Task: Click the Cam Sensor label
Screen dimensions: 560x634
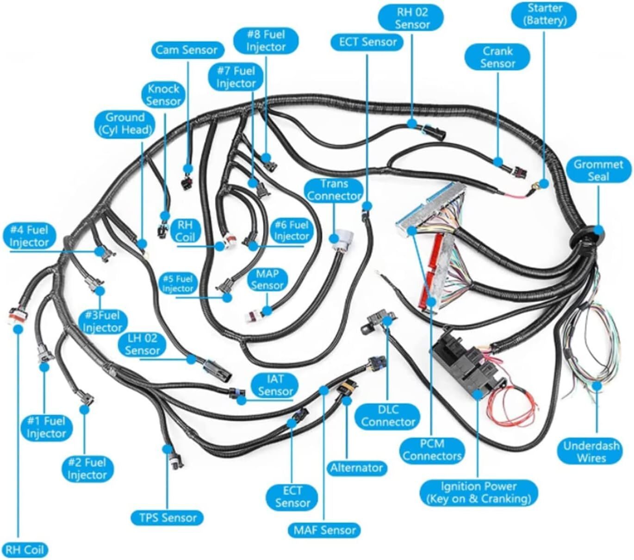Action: pyautogui.click(x=186, y=50)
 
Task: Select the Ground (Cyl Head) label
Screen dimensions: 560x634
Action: pyautogui.click(x=124, y=124)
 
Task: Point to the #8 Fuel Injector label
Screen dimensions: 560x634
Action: pyautogui.click(x=266, y=40)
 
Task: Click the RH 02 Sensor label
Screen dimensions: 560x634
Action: pyautogui.click(x=411, y=18)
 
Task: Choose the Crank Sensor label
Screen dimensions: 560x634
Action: pyautogui.click(x=497, y=57)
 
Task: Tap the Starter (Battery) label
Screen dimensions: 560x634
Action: pyautogui.click(x=545, y=14)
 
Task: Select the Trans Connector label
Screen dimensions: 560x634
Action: pyautogui.click(x=334, y=190)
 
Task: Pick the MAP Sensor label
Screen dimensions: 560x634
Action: pyautogui.click(x=267, y=280)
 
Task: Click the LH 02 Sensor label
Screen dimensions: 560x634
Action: pyautogui.click(x=142, y=345)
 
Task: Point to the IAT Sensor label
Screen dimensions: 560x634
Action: pyautogui.click(x=275, y=385)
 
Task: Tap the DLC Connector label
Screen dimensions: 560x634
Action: pyautogui.click(x=388, y=416)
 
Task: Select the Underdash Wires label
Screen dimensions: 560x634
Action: pyautogui.click(x=591, y=452)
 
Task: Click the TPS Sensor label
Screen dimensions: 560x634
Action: pyautogui.click(x=168, y=517)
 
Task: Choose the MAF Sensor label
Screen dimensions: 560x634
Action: pyautogui.click(x=324, y=530)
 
